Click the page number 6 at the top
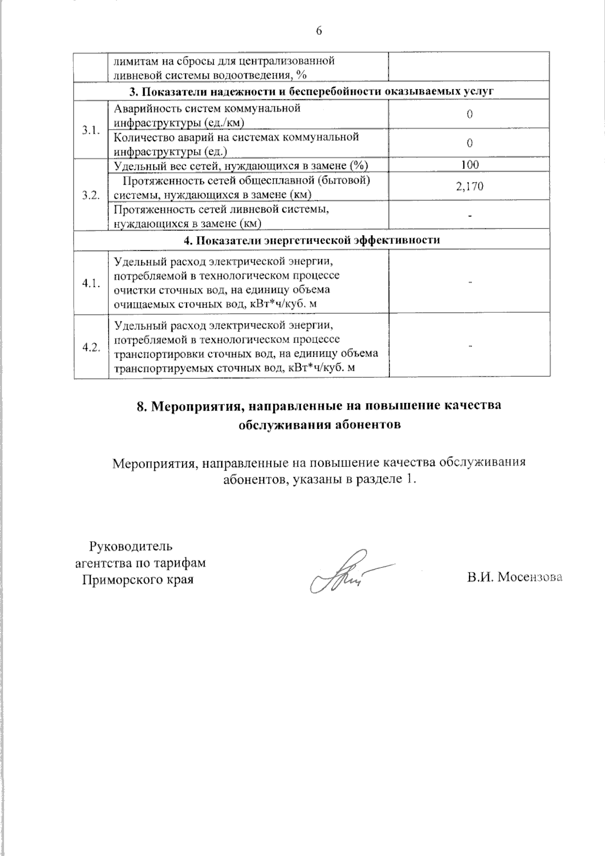point(319,31)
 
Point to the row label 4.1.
point(91,283)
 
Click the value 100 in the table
point(470,165)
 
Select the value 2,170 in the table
point(470,187)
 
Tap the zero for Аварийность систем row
point(470,115)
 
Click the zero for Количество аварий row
point(470,143)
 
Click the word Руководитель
point(131,546)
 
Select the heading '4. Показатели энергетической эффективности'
point(311,240)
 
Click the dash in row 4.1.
point(470,283)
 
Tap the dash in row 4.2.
point(470,347)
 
